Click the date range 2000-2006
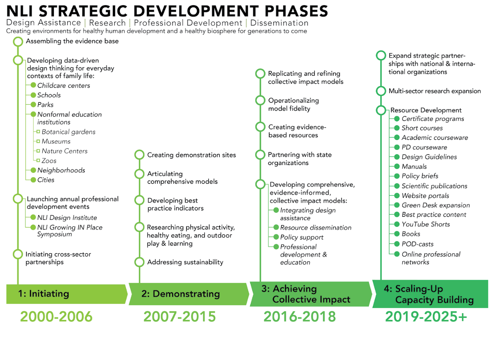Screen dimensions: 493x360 coord(57,316)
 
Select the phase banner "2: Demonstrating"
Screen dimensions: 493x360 coord(189,294)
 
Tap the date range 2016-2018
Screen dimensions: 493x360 coord(300,316)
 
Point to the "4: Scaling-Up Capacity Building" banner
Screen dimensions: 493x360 coord(430,294)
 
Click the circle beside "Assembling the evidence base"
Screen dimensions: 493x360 coord(18,42)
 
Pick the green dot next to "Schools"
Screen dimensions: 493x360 coord(33,95)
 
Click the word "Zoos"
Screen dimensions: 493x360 coord(49,161)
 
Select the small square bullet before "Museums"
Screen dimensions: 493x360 coord(38,141)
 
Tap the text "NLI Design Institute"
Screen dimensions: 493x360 coord(67,218)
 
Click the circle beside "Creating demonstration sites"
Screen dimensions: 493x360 coord(139,155)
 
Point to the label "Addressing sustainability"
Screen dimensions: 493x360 coord(185,262)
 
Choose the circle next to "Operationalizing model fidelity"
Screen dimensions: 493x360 coord(260,100)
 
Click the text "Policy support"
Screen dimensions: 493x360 coord(302,237)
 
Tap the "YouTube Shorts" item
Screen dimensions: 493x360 coord(425,224)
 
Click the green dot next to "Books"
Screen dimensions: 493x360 coord(397,234)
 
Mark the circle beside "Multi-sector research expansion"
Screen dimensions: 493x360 coord(381,91)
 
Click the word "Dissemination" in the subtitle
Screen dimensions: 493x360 coord(279,23)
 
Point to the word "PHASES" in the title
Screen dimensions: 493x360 coord(296,11)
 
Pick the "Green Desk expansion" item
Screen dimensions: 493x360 coord(436,205)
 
